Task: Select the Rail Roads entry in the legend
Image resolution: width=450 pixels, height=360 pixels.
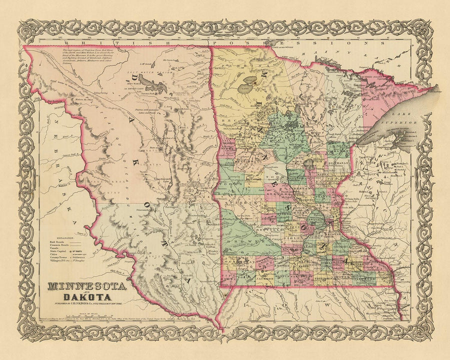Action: [x=57, y=244]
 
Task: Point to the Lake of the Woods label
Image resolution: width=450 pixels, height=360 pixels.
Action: [x=281, y=47]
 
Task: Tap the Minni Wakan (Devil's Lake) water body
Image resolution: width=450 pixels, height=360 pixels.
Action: [x=150, y=80]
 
